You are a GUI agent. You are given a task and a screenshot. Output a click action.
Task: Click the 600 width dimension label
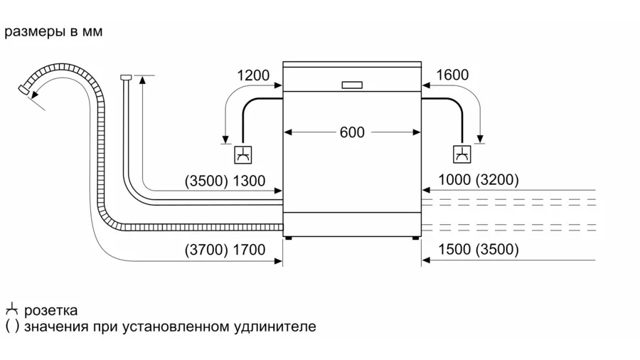pyautogui.click(x=352, y=132)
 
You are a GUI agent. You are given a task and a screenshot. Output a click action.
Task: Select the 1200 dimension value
pyautogui.click(x=253, y=75)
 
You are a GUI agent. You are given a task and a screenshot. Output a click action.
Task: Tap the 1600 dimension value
pyautogui.click(x=452, y=75)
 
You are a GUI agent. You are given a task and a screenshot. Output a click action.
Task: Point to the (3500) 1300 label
pyautogui.click(x=225, y=181)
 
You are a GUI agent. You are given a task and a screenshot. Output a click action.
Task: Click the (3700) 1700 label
pyautogui.click(x=225, y=250)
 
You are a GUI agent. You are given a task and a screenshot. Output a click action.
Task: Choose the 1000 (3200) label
pyautogui.click(x=479, y=179)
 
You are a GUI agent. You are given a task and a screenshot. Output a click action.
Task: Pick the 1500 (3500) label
pyautogui.click(x=479, y=249)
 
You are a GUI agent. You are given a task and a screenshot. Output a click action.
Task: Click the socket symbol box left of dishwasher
pyautogui.click(x=243, y=154)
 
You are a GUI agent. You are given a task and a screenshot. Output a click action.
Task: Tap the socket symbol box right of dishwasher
pyautogui.click(x=462, y=154)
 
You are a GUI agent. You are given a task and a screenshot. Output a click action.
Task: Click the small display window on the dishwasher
pyautogui.click(x=352, y=85)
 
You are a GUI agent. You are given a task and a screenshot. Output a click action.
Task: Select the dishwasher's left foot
pyautogui.click(x=288, y=238)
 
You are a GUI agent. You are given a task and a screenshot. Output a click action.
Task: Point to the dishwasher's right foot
pyautogui.click(x=415, y=238)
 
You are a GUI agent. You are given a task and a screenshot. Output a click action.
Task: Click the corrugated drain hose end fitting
pyautogui.click(x=23, y=90)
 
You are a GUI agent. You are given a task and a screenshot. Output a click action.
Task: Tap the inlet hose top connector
pyautogui.click(x=126, y=77)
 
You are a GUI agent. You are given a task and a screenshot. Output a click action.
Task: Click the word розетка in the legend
pyautogui.click(x=50, y=310)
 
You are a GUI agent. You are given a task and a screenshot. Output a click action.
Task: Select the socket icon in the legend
pyautogui.click(x=12, y=309)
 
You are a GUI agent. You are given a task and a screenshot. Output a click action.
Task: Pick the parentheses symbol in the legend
pyautogui.click(x=12, y=327)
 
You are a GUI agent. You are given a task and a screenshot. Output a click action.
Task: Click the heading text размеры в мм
pyautogui.click(x=53, y=31)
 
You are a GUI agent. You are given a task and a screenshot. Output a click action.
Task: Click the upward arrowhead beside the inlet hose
pyautogui.click(x=142, y=79)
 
